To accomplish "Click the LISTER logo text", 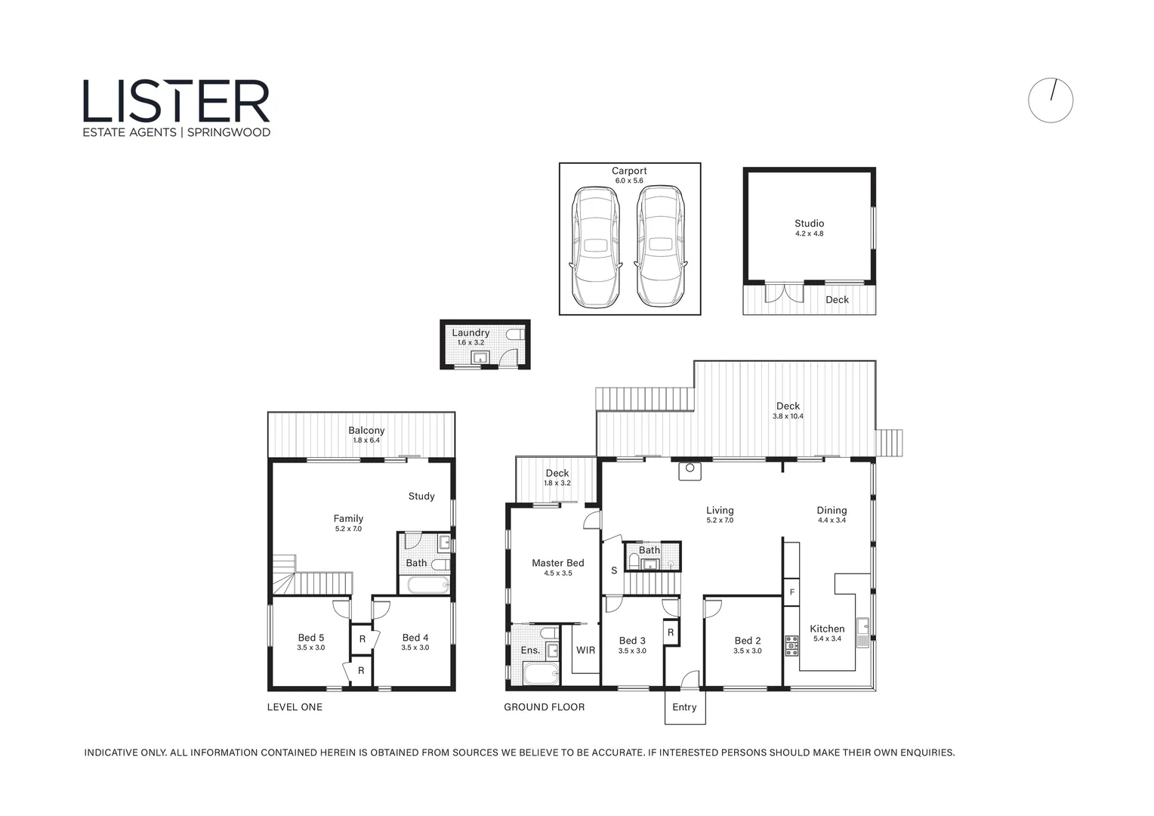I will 176,101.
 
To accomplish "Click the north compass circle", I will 1050,100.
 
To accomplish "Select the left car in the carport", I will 596,246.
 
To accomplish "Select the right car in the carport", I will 661,246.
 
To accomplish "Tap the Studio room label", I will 809,224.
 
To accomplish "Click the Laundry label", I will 471,332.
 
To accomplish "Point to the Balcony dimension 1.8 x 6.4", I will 366,440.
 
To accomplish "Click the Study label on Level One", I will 421,496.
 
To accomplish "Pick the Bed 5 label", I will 310,638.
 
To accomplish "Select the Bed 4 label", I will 415,638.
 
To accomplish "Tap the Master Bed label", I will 557,563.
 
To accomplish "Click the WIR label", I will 585,650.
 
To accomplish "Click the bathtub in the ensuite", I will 539,674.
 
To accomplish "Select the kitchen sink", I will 862,626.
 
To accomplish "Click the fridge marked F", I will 791,592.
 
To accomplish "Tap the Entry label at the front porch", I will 684,707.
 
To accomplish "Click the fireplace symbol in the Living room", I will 690,471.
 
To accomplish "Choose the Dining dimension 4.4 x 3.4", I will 832,521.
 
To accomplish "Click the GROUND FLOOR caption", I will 544,707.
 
